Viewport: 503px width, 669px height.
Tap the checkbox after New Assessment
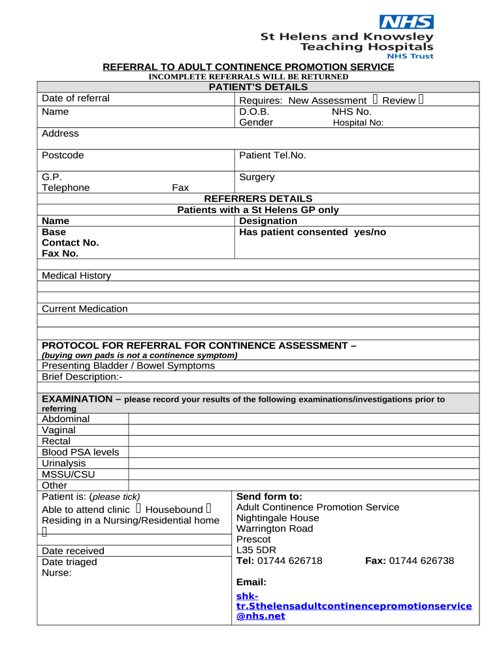click(x=375, y=100)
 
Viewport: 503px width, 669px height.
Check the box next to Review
click(x=421, y=100)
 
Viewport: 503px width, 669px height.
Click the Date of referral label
click(x=76, y=99)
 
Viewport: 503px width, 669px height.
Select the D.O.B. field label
click(x=254, y=112)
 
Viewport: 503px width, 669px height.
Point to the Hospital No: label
click(x=358, y=123)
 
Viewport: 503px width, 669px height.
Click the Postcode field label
click(x=63, y=155)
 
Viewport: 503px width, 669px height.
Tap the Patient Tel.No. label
click(x=272, y=155)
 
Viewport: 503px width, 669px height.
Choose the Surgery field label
click(x=257, y=177)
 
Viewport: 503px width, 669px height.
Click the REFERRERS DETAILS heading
click(x=258, y=199)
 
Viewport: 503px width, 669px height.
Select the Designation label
click(x=268, y=221)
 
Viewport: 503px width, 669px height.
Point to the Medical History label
click(x=76, y=276)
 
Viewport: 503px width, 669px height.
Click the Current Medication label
click(x=85, y=309)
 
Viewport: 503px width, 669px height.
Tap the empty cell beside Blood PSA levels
click(x=304, y=452)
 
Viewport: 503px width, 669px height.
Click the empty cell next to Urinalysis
click(x=304, y=463)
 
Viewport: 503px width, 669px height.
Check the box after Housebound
click(x=208, y=508)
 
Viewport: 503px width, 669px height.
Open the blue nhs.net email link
click(x=353, y=606)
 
